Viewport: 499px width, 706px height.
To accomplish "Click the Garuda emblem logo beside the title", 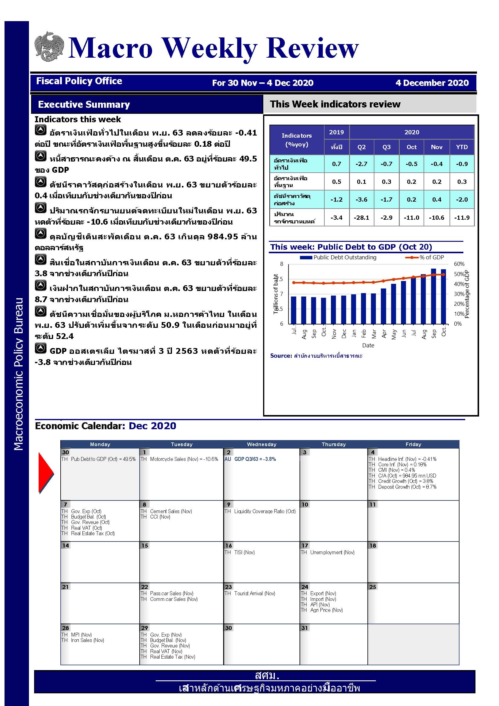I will (x=49, y=46).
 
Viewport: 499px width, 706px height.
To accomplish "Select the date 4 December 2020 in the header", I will (x=432, y=83).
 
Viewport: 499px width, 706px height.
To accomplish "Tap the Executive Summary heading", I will (x=84, y=104).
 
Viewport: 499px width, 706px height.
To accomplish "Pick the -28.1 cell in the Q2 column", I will (x=361, y=218).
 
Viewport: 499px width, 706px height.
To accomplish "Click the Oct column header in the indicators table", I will (x=412, y=147).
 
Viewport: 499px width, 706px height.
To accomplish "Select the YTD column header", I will (x=462, y=147).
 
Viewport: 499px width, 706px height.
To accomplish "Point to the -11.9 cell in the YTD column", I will (x=462, y=218).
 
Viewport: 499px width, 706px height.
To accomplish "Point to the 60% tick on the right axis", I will (x=459, y=264).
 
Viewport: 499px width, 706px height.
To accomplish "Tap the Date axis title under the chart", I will (x=368, y=345).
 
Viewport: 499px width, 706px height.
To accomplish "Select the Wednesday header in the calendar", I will (x=262, y=444).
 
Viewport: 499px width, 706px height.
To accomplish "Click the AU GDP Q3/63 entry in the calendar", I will (x=250, y=459).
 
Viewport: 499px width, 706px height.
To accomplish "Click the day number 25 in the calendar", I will (x=373, y=587).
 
